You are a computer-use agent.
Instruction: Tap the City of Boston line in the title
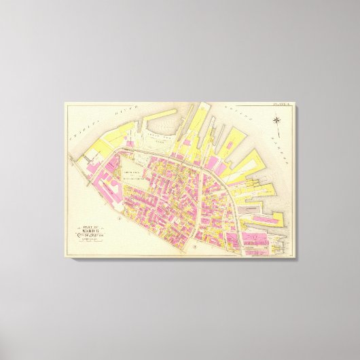click(x=89, y=236)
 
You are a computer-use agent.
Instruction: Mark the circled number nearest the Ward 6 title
click(x=120, y=220)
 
